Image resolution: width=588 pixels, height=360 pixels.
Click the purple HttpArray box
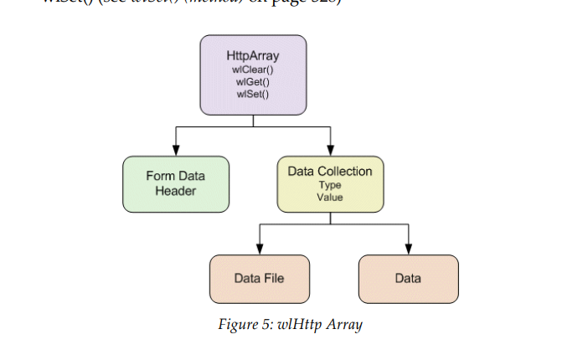click(252, 75)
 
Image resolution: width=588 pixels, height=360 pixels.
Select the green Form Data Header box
click(175, 183)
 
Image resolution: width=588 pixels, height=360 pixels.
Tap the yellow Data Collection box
click(330, 183)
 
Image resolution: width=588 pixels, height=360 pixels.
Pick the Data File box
click(259, 278)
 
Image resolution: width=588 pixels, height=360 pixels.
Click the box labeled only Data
click(408, 278)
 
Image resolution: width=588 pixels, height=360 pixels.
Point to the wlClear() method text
click(253, 69)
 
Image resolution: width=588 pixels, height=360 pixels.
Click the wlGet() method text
click(253, 81)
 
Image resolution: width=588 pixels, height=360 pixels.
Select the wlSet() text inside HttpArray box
click(253, 93)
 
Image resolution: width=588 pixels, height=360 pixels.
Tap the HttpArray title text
click(253, 56)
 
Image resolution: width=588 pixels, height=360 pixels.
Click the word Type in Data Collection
click(330, 185)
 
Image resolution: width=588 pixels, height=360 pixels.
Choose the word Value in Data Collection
click(330, 197)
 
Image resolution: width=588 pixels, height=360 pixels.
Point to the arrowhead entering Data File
click(259, 249)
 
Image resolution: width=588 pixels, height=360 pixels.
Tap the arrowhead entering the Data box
click(408, 249)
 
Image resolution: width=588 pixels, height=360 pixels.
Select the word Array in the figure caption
click(345, 325)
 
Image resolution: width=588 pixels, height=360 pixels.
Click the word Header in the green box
click(175, 190)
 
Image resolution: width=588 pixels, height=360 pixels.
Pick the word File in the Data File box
click(274, 278)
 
